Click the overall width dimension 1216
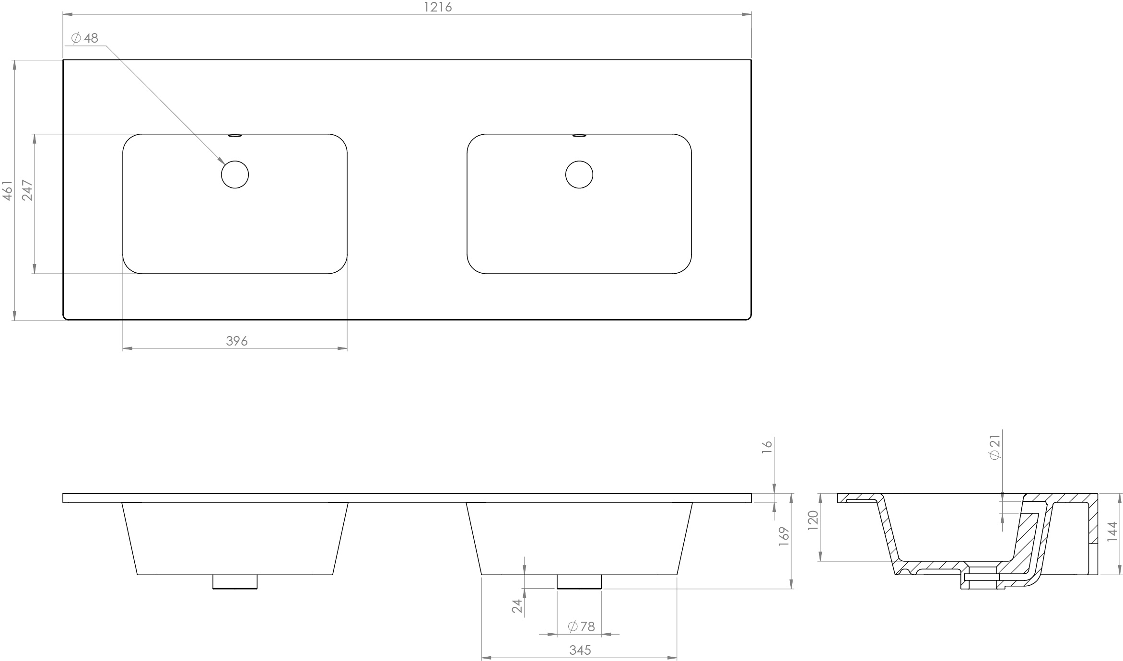point(438,7)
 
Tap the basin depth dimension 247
point(27,190)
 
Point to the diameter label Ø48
point(85,38)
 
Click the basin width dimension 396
point(236,341)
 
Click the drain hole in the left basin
point(235,174)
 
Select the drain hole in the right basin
point(579,174)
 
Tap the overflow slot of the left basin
point(235,136)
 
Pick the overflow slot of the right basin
point(579,136)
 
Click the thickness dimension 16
point(767,444)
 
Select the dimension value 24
point(517,606)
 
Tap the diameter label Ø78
point(581,626)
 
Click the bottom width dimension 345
point(580,650)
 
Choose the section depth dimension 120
point(812,520)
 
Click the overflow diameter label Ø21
point(995,447)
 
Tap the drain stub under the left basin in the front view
point(235,581)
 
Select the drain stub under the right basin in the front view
point(579,581)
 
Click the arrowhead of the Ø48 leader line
point(222,162)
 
